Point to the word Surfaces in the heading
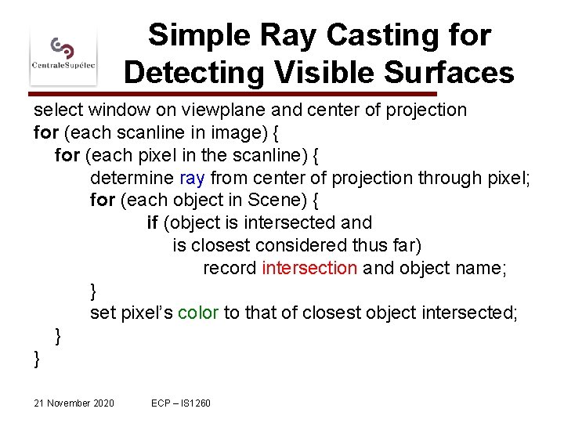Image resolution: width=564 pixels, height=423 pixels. (447, 73)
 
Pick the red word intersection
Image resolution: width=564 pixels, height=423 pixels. (309, 268)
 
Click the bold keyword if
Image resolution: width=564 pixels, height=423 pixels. (152, 223)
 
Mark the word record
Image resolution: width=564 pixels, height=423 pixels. (230, 268)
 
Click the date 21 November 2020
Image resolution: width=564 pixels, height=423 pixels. (74, 403)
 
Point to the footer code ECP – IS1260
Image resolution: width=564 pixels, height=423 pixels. (181, 403)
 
